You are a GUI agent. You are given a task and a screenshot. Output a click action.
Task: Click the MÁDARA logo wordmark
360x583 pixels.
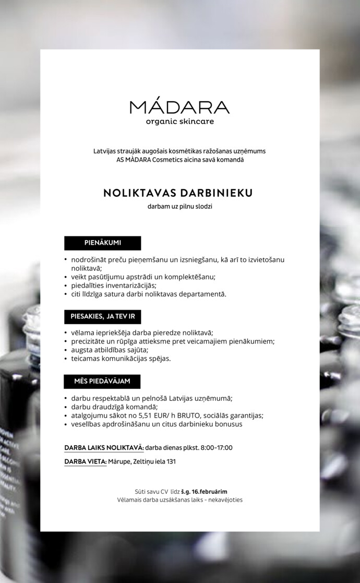click(179, 107)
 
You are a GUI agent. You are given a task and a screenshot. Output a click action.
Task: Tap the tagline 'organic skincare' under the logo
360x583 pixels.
click(179, 122)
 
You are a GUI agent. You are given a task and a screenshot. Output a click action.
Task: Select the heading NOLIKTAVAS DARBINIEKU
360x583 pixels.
click(178, 193)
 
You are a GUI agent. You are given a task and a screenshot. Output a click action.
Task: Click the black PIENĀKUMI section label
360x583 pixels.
click(103, 243)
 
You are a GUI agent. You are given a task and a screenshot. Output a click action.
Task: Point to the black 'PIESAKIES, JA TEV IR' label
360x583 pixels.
click(103, 317)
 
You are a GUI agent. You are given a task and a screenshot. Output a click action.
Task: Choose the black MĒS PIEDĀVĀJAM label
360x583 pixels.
click(102, 382)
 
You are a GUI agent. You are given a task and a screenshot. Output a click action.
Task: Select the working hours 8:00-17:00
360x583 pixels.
click(217, 448)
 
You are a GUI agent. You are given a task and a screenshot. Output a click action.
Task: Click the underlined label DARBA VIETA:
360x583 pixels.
click(86, 462)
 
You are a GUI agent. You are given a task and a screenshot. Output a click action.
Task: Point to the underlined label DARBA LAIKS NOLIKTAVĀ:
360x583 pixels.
click(104, 448)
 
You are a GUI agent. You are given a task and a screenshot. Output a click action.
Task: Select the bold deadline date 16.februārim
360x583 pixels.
click(209, 492)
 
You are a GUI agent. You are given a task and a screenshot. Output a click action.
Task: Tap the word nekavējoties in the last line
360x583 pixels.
click(225, 500)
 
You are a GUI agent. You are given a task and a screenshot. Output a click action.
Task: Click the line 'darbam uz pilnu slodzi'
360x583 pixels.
click(179, 207)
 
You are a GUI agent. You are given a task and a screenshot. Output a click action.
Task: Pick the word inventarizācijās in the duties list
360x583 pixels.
click(127, 285)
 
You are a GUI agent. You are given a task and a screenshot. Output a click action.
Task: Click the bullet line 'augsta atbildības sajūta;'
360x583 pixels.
click(110, 350)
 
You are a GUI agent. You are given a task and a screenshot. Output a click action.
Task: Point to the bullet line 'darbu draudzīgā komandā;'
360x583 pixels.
click(114, 407)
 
